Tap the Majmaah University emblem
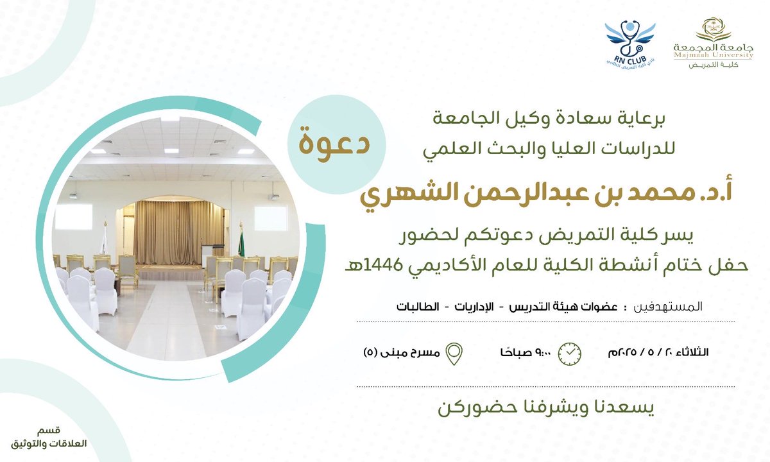714,30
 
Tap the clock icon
570,353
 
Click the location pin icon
455,353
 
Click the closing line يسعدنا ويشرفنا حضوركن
545,408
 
